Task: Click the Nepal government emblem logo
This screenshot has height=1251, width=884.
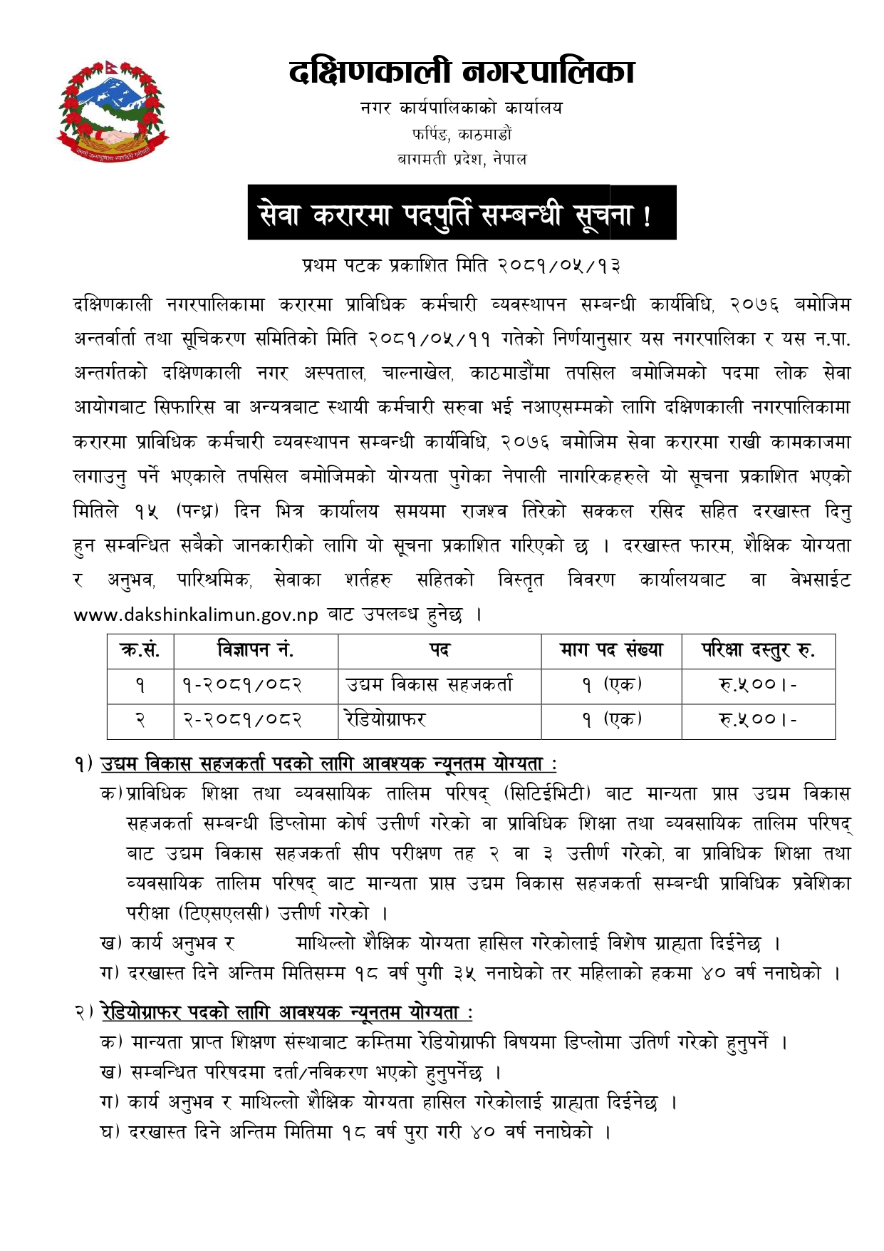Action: click(x=113, y=110)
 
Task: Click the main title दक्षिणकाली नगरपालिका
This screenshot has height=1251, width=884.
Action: click(x=462, y=72)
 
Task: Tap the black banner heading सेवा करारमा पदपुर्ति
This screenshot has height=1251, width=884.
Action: click(x=462, y=213)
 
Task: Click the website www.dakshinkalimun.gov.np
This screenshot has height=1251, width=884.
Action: click(x=196, y=615)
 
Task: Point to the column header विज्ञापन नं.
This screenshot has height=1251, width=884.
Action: click(x=255, y=650)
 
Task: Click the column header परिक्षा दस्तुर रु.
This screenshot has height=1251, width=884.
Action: click(x=758, y=650)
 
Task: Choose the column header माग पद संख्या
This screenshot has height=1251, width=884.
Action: click(x=611, y=650)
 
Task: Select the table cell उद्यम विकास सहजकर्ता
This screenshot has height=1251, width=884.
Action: click(x=429, y=685)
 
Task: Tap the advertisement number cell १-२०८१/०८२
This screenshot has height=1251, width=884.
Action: click(x=242, y=685)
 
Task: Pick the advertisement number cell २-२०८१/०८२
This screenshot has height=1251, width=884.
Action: click(x=242, y=720)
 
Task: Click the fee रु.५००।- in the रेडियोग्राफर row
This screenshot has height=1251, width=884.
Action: click(x=758, y=720)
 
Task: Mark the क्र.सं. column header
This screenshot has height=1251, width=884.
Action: click(x=140, y=650)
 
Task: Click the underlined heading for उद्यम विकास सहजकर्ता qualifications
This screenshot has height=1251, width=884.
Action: click(x=328, y=764)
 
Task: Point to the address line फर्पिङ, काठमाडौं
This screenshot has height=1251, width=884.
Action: click(x=462, y=134)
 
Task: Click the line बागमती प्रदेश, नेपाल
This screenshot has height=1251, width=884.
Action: click(x=462, y=159)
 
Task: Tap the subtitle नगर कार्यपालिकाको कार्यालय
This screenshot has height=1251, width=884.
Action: click(x=462, y=108)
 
